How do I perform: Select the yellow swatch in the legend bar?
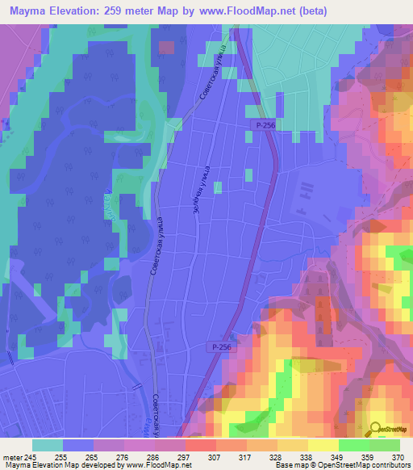(x=323, y=445)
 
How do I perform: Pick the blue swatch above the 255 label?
(x=78, y=445)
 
